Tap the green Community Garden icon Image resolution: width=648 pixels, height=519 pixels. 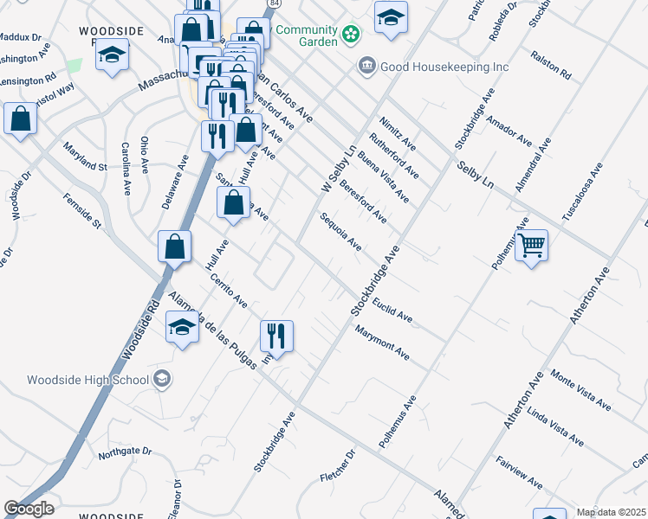pos(351,34)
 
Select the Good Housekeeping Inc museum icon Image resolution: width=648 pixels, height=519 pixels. pos(367,66)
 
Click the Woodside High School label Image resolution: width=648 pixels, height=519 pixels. pos(87,380)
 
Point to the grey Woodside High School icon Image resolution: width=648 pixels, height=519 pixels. pos(161,379)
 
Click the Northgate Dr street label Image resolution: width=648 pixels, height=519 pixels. pos(125,452)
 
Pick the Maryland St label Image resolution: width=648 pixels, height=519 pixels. pos(84,155)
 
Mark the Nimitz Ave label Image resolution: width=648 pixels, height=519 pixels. pos(397,134)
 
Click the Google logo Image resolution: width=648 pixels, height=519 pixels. pos(29,509)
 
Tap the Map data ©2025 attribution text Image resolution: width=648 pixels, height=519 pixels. pos(611,512)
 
